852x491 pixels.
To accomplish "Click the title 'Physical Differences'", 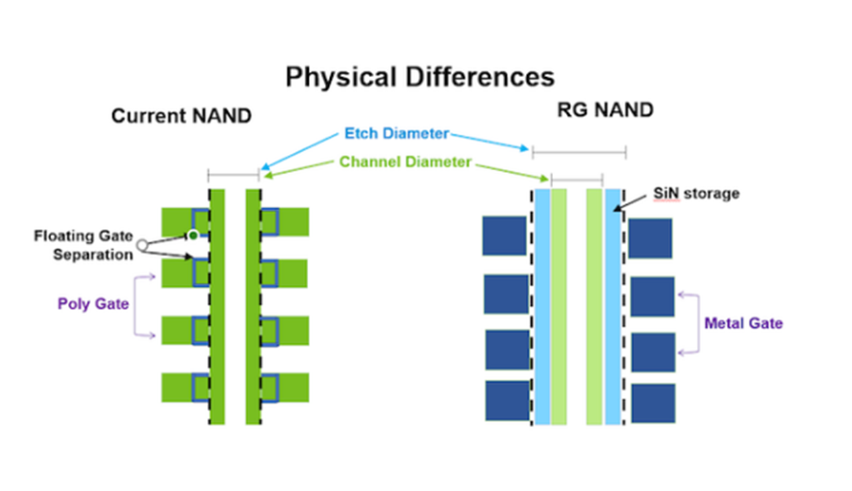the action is coord(420,78).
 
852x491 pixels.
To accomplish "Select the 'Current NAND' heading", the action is coord(182,116).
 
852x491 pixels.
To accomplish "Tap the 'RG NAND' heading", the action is coord(605,110).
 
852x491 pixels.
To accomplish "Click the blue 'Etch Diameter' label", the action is coord(397,133).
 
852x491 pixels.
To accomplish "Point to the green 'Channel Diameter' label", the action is coord(405,162).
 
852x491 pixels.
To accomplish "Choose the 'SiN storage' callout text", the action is coord(696,194).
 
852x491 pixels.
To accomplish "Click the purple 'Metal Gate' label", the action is coord(744,323).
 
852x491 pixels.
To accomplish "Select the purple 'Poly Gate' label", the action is coord(93,304).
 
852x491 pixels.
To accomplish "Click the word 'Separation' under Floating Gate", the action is coord(93,255).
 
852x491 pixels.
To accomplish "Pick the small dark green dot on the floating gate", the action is coord(193,236).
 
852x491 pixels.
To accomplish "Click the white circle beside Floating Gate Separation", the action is coord(142,245).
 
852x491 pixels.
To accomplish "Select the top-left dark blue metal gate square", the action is coord(505,236).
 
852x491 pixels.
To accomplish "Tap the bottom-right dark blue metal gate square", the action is coord(653,404).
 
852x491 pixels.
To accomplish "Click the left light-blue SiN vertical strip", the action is coord(542,307).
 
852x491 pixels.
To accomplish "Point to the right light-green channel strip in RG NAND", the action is coord(594,307).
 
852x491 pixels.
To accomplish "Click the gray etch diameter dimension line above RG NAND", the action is coord(579,152).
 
